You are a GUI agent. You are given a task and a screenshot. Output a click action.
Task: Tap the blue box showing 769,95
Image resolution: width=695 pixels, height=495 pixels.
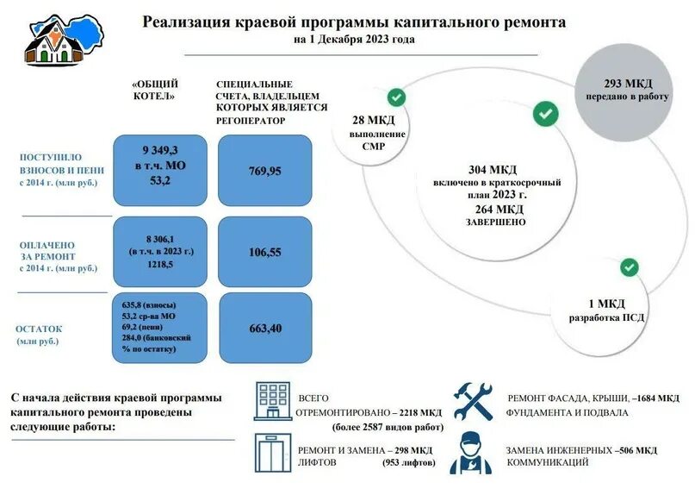[265, 170]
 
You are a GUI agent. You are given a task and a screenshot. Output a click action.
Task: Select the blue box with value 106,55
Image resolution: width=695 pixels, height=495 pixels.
[265, 253]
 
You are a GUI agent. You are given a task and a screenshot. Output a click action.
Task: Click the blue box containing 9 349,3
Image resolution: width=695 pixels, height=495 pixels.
[160, 170]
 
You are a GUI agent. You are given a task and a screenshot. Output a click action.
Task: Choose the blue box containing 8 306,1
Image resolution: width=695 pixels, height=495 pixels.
[160, 253]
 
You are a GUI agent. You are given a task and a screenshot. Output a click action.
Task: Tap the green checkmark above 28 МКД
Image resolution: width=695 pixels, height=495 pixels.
[396, 97]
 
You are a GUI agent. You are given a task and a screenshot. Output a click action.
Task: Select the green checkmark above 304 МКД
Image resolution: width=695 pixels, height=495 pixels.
[544, 113]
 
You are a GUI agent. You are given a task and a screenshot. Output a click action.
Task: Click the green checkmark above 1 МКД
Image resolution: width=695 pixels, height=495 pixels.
[630, 266]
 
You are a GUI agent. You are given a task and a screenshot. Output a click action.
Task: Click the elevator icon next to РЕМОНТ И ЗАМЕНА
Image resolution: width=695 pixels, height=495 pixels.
[272, 453]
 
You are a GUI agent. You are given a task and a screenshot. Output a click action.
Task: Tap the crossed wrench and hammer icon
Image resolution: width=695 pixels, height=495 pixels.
[474, 401]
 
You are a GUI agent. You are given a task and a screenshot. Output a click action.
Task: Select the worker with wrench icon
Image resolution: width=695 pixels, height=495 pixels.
[472, 453]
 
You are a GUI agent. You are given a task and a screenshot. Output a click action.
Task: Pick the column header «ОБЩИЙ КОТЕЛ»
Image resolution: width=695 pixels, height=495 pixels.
[155, 90]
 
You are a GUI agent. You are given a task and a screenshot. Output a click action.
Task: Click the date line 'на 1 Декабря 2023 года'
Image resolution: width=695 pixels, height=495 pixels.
[353, 40]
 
